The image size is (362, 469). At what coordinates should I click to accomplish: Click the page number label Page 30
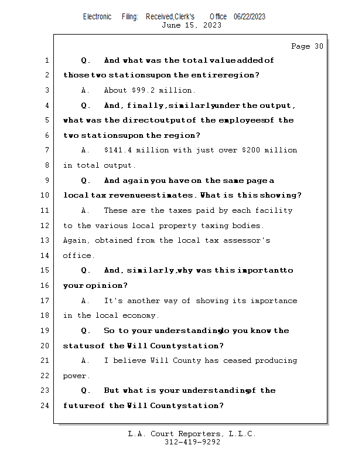pyautogui.click(x=307, y=46)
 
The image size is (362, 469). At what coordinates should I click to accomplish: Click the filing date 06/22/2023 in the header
pyautogui.click(x=250, y=17)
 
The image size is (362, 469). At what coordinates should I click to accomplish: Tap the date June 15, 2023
pyautogui.click(x=192, y=25)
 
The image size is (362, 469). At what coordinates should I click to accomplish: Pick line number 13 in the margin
pyautogui.click(x=46, y=240)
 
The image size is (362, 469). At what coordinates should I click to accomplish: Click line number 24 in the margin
pyautogui.click(x=46, y=406)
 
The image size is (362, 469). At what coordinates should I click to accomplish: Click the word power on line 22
pyautogui.click(x=76, y=376)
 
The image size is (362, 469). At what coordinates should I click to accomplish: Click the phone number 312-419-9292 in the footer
pyautogui.click(x=192, y=443)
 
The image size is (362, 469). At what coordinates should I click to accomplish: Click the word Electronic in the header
pyautogui.click(x=97, y=17)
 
